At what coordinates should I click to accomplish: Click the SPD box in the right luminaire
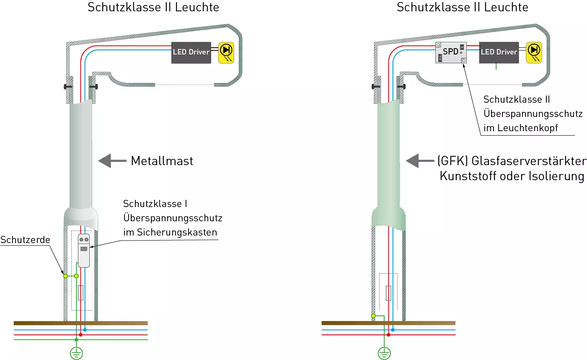tap(451, 52)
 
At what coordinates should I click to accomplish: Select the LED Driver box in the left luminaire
tap(191, 52)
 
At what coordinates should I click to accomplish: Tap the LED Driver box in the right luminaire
tap(499, 52)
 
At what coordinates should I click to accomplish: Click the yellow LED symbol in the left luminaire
tap(226, 52)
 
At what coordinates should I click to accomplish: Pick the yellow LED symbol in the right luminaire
tap(534, 52)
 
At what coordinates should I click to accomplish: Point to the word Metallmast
tap(162, 161)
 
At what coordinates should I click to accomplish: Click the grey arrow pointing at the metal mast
tap(112, 161)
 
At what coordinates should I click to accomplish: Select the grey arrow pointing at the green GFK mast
tap(420, 161)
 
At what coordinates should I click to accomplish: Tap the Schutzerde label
tap(25, 240)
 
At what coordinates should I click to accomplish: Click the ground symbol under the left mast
tap(76, 353)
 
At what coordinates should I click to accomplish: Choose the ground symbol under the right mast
tap(384, 353)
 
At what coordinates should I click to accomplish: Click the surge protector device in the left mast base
tap(84, 251)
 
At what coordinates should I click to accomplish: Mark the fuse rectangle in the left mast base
tap(80, 293)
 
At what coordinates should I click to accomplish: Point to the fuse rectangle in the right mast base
tap(388, 293)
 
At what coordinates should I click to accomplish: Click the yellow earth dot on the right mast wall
tap(373, 316)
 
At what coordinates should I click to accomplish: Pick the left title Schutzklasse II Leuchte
tap(153, 7)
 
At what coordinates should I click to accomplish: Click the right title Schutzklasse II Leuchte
tap(462, 7)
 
